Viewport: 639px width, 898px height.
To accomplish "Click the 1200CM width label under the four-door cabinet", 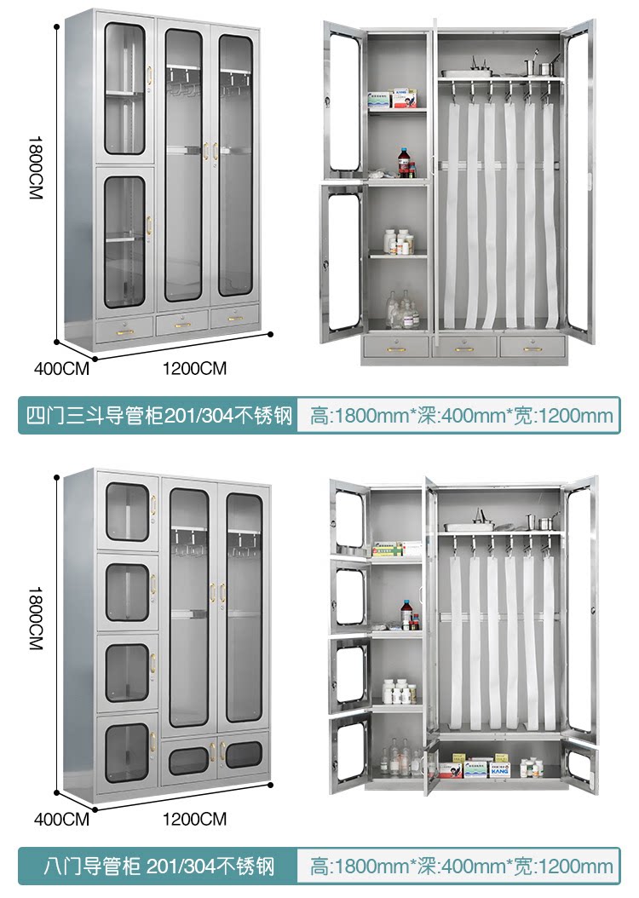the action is (x=194, y=368).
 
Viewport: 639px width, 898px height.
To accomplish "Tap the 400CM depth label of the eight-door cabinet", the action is (x=61, y=820).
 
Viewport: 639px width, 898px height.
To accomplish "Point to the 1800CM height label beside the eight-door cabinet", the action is (x=35, y=618).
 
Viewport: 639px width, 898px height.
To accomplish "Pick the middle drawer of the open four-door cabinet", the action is (x=464, y=347).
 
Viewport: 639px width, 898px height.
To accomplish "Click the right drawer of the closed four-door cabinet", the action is (x=234, y=317).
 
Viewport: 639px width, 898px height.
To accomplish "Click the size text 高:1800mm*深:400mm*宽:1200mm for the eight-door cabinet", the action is (x=461, y=867).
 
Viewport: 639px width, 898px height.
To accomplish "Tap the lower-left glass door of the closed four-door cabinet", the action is (x=125, y=241).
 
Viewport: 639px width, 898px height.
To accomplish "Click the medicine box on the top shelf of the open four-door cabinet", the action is (x=393, y=99).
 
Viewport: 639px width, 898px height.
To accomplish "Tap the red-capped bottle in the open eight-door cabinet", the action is (x=408, y=613).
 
